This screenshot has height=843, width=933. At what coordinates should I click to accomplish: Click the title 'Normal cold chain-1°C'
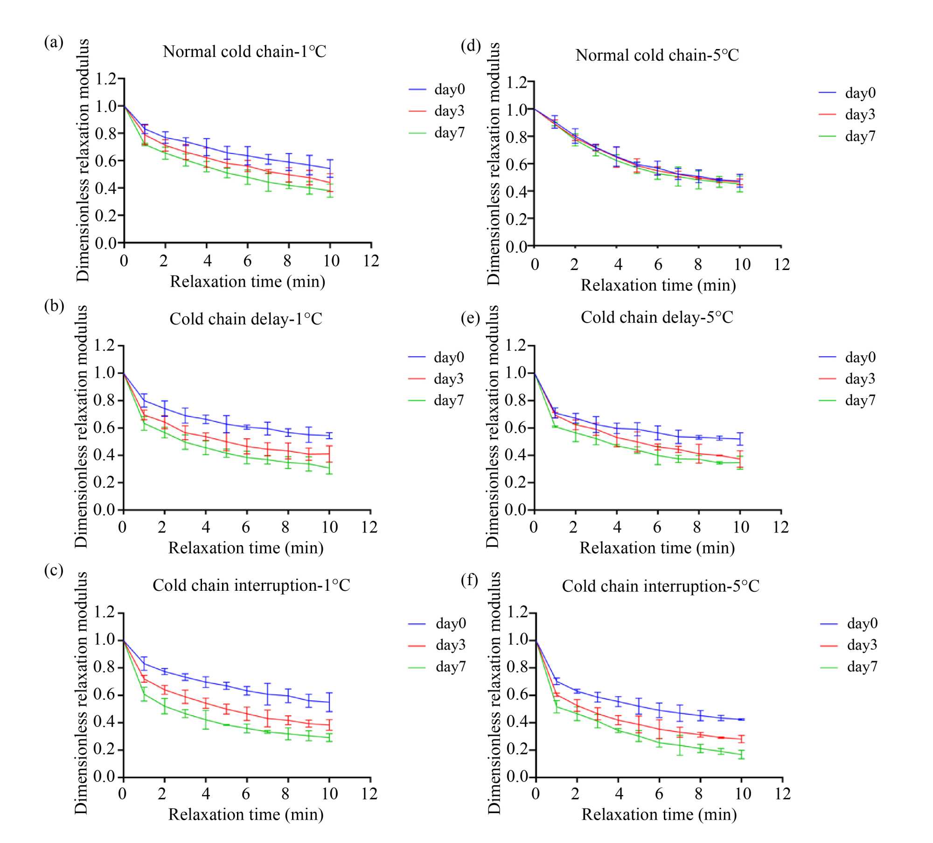[244, 51]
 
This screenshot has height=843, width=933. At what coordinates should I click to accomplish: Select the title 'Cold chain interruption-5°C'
[661, 586]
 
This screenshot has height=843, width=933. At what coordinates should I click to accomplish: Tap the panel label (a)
[54, 42]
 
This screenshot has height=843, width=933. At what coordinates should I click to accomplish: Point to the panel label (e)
[470, 318]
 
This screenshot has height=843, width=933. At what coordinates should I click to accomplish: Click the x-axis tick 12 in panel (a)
[371, 261]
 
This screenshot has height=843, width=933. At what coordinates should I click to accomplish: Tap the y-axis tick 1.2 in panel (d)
[516, 83]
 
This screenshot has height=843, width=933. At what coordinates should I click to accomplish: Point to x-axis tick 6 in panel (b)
[246, 527]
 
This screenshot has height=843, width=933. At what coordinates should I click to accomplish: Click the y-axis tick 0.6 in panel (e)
[515, 428]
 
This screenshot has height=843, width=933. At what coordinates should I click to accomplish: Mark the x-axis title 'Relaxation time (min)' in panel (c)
[246, 814]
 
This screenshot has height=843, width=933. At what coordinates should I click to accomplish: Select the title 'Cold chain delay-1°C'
[246, 319]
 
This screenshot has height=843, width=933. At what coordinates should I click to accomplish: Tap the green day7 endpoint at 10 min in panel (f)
[742, 754]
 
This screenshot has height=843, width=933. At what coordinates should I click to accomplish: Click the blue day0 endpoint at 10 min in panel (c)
[329, 702]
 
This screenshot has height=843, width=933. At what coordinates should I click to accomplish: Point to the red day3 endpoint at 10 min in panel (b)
[329, 453]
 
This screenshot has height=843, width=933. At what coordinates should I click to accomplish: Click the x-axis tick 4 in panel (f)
[619, 794]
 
